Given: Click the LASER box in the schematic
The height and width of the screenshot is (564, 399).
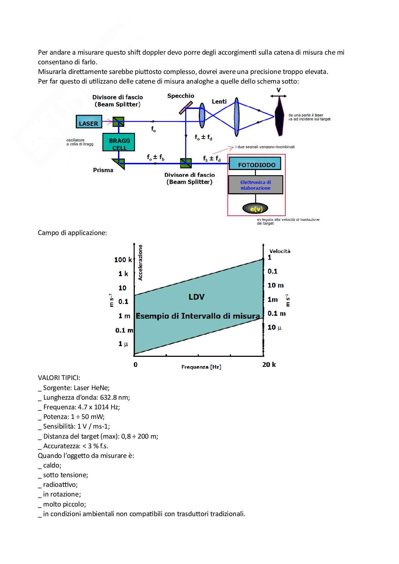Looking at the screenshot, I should coord(89,122).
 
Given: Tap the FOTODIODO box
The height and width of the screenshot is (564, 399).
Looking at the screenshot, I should coord(255,164).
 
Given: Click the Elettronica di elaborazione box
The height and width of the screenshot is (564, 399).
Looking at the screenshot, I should coord(255,185).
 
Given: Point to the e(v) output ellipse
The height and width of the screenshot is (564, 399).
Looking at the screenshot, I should coord(255,209).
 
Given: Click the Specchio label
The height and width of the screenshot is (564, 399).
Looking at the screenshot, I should coord(181,96).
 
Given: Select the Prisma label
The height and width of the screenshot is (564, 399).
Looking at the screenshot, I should coord(103,170).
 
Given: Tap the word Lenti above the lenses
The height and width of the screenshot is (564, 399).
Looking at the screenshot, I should coord(219,101).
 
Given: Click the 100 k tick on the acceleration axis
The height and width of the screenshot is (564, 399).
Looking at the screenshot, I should coord(123,260).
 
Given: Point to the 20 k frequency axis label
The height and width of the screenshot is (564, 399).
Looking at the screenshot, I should coord(269,364).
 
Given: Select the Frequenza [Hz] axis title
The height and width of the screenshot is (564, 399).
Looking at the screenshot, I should coord(201,367).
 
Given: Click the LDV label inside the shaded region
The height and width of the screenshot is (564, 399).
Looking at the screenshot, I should coord(197,297).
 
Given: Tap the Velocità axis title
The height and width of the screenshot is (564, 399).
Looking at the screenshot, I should coord(280,251).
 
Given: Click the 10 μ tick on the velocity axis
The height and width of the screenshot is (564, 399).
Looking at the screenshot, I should coord(274,327).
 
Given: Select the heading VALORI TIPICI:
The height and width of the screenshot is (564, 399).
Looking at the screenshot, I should coord(59,378).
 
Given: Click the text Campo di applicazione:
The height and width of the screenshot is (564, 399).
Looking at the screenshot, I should coord(72,233).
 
